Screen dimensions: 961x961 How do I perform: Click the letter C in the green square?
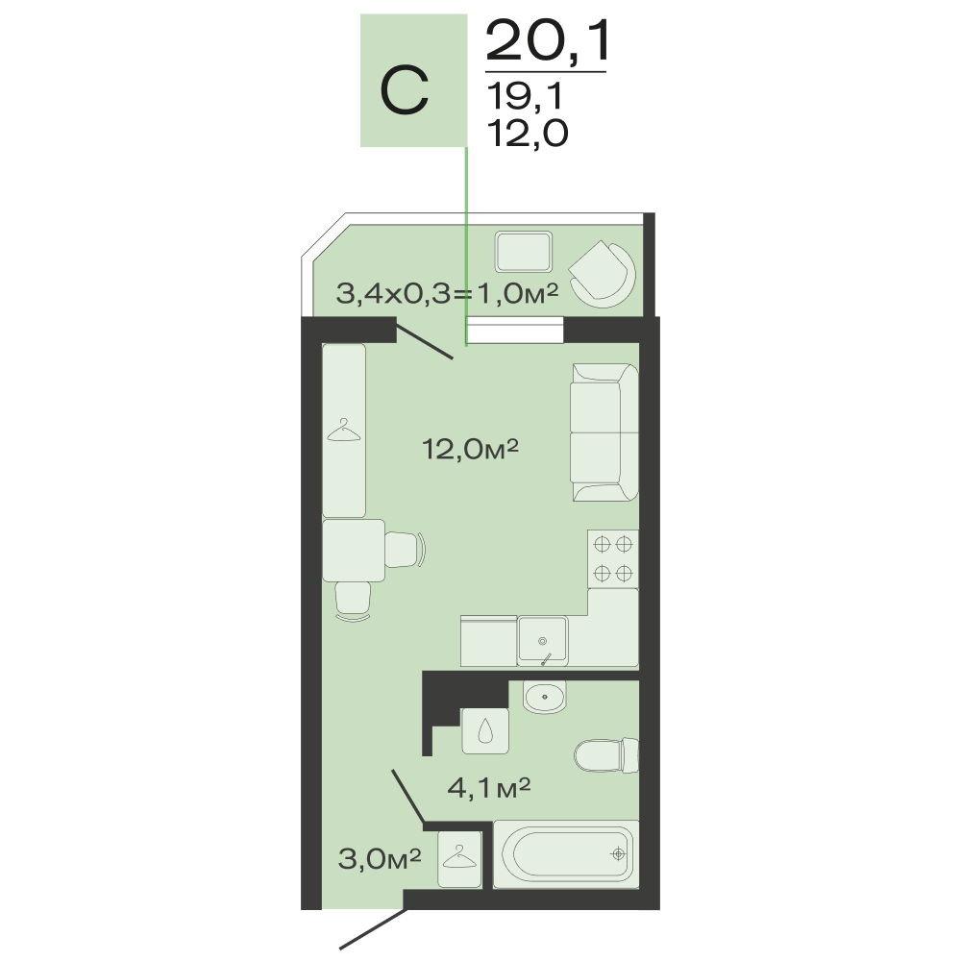[404, 91]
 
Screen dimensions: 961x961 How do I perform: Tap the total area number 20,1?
[548, 41]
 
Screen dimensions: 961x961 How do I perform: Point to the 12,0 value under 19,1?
[528, 133]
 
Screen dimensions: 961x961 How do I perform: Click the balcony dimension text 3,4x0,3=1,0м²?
[448, 294]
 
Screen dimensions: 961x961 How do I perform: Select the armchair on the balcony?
[602, 273]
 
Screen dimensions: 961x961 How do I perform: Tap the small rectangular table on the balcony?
[524, 251]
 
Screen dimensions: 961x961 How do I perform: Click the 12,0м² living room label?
[470, 450]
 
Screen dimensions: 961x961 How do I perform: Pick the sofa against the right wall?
[604, 432]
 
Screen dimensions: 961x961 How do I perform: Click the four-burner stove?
[613, 559]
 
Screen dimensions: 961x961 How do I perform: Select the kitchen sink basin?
[543, 640]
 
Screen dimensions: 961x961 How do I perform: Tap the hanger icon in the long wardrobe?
[344, 431]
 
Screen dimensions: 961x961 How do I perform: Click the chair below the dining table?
[353, 602]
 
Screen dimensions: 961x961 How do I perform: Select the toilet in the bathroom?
[606, 755]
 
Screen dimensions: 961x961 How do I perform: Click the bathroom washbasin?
[544, 696]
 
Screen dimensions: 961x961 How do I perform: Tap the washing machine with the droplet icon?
[484, 730]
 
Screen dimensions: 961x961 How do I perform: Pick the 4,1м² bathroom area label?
[488, 788]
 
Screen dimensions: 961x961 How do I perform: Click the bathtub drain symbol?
[618, 853]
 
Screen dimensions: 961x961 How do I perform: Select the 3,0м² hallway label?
[380, 858]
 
